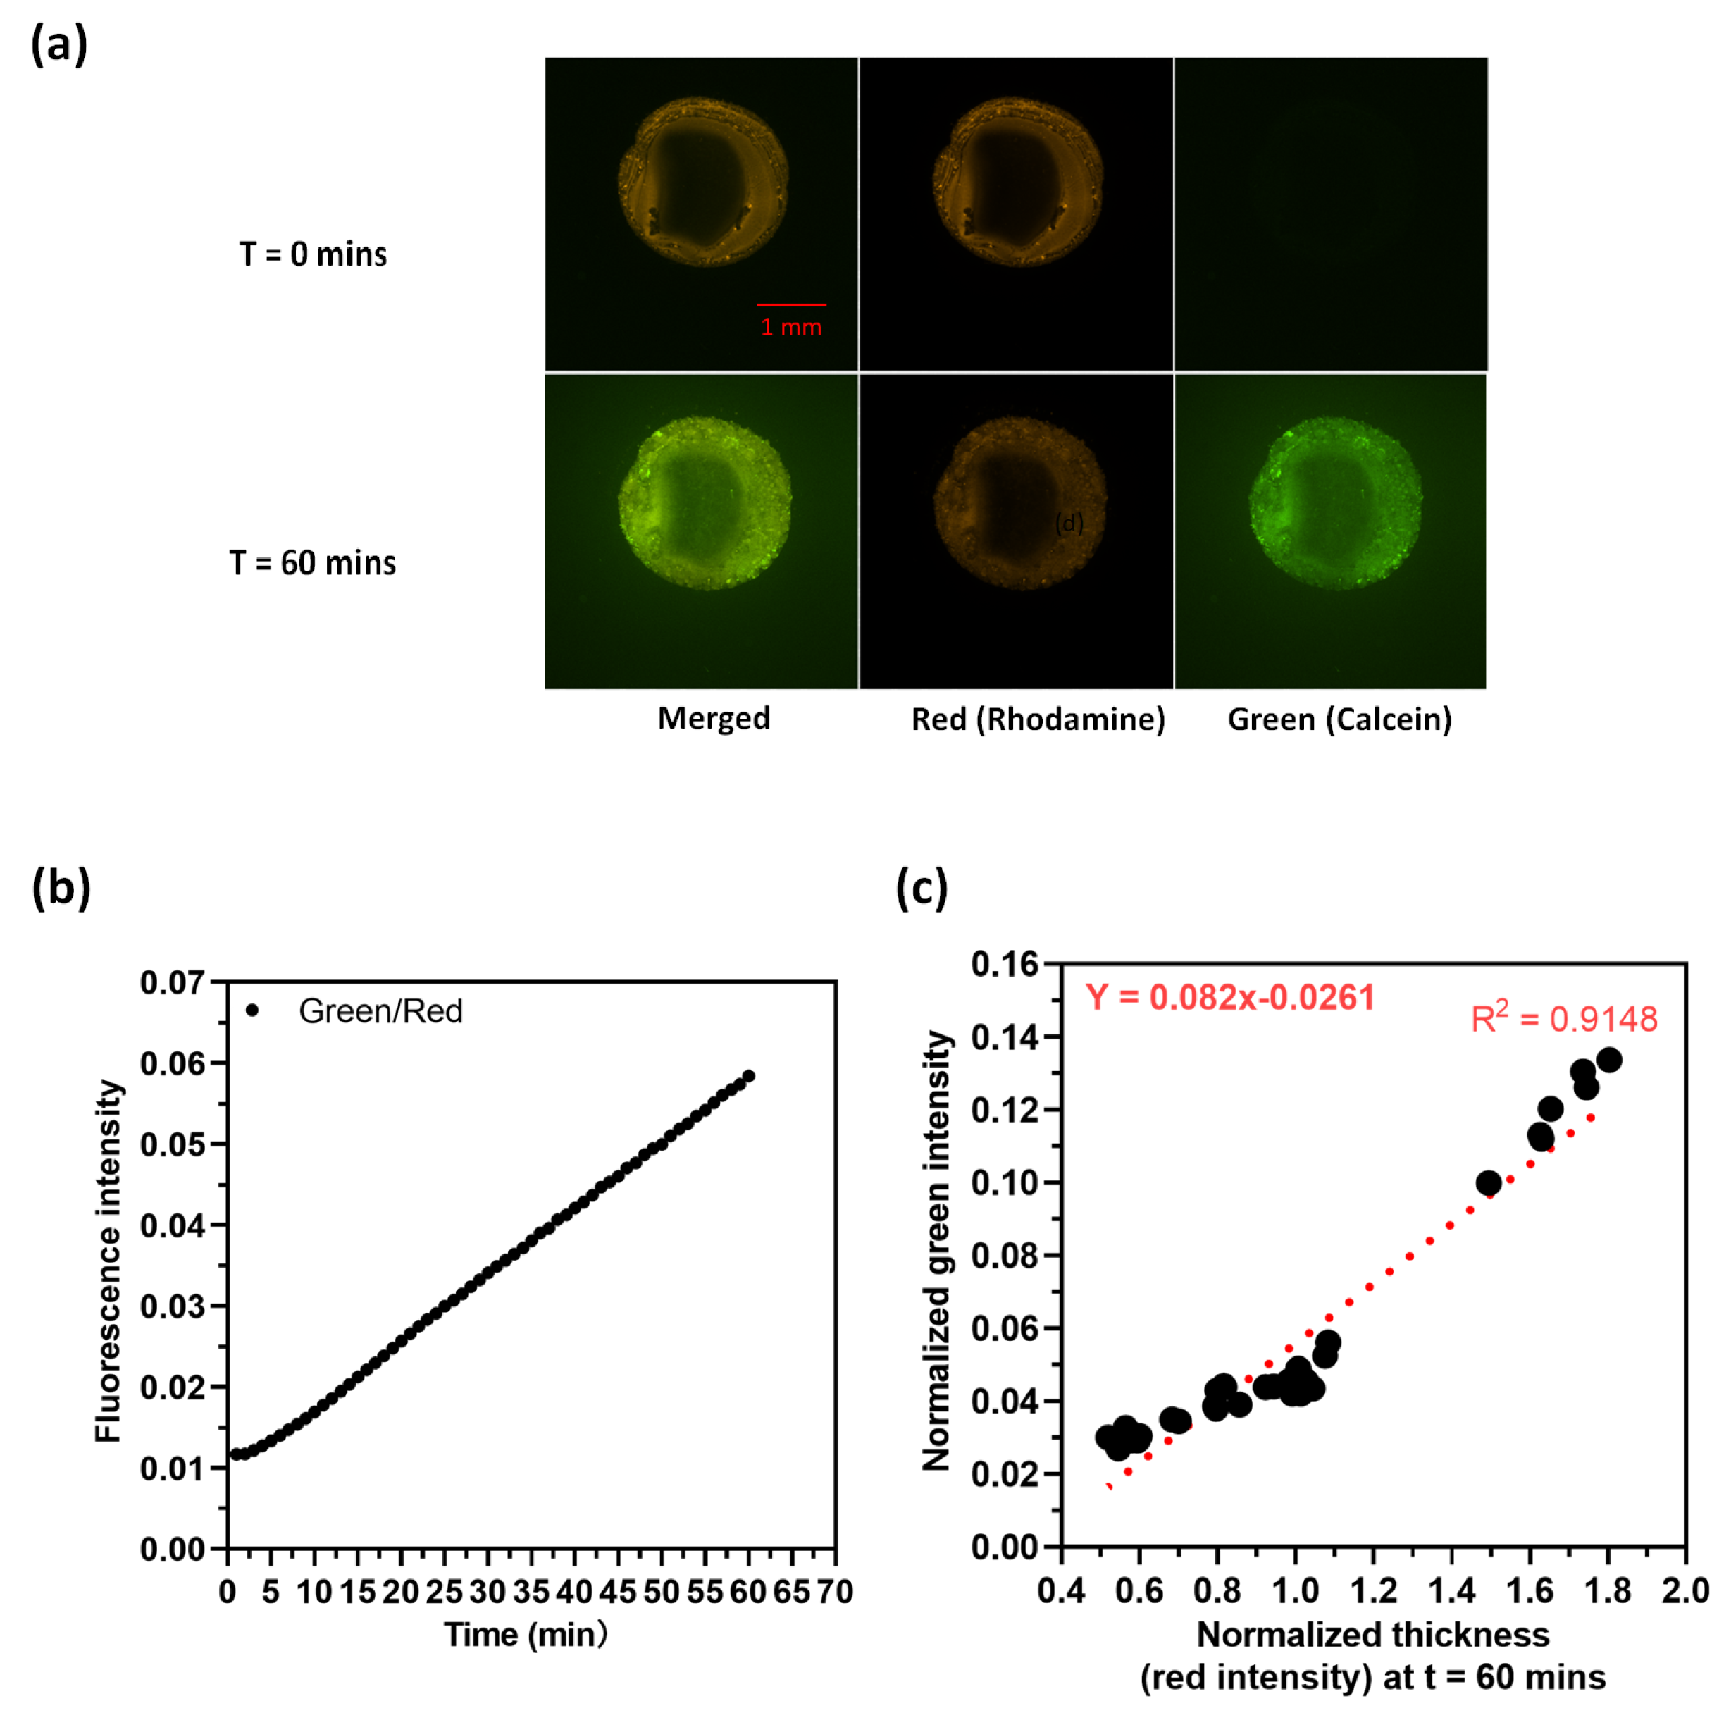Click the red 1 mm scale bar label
click(790, 327)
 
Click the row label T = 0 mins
click(313, 254)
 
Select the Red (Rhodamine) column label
click(1038, 719)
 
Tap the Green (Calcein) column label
click(1339, 719)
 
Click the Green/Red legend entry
click(380, 1010)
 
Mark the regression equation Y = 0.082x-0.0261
click(1229, 997)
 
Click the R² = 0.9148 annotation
click(1563, 1019)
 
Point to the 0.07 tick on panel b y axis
click(172, 983)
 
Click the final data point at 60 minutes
click(748, 1076)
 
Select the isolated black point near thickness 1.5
click(1488, 1182)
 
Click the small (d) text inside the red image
click(1069, 521)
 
